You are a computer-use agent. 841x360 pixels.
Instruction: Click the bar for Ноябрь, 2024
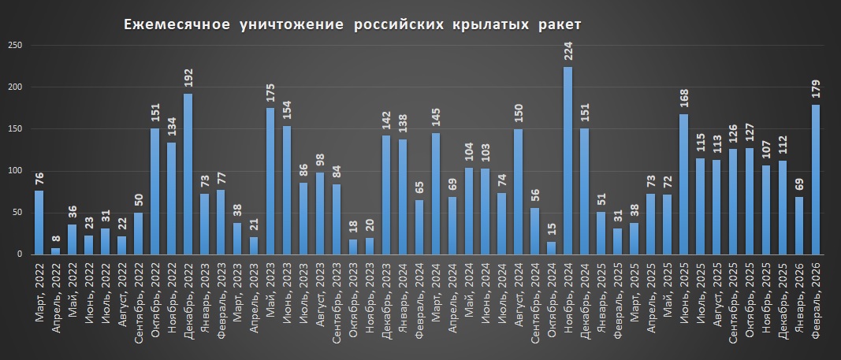click(x=567, y=161)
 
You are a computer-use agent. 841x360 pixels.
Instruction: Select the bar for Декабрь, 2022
click(x=188, y=174)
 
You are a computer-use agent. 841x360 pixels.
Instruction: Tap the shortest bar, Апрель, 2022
click(x=55, y=251)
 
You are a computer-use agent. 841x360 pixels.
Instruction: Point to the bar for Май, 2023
click(x=270, y=181)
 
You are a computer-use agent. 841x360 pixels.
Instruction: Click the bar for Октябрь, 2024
click(x=551, y=248)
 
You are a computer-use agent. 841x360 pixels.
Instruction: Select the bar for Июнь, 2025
click(x=683, y=184)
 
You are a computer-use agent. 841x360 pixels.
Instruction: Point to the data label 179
click(x=816, y=92)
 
